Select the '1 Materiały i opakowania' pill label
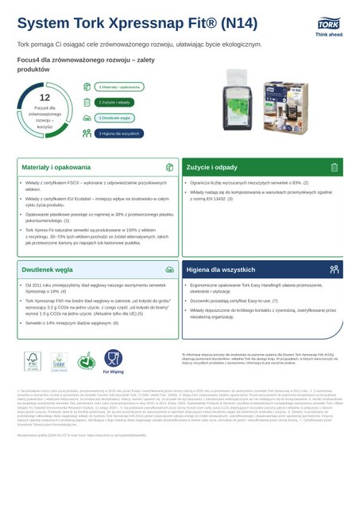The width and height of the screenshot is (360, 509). coord(119,86)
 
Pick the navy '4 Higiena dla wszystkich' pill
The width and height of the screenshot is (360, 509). coord(119,133)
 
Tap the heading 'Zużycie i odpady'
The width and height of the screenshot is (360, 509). coord(212,168)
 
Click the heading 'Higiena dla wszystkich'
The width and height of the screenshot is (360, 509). coord(220,247)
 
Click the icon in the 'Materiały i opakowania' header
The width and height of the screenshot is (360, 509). coord(169,168)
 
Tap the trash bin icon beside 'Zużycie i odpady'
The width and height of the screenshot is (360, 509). coord(335,168)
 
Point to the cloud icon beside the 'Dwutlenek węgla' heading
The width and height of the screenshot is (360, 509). coord(169,247)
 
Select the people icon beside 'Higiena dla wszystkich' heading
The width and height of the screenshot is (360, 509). coord(335,247)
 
